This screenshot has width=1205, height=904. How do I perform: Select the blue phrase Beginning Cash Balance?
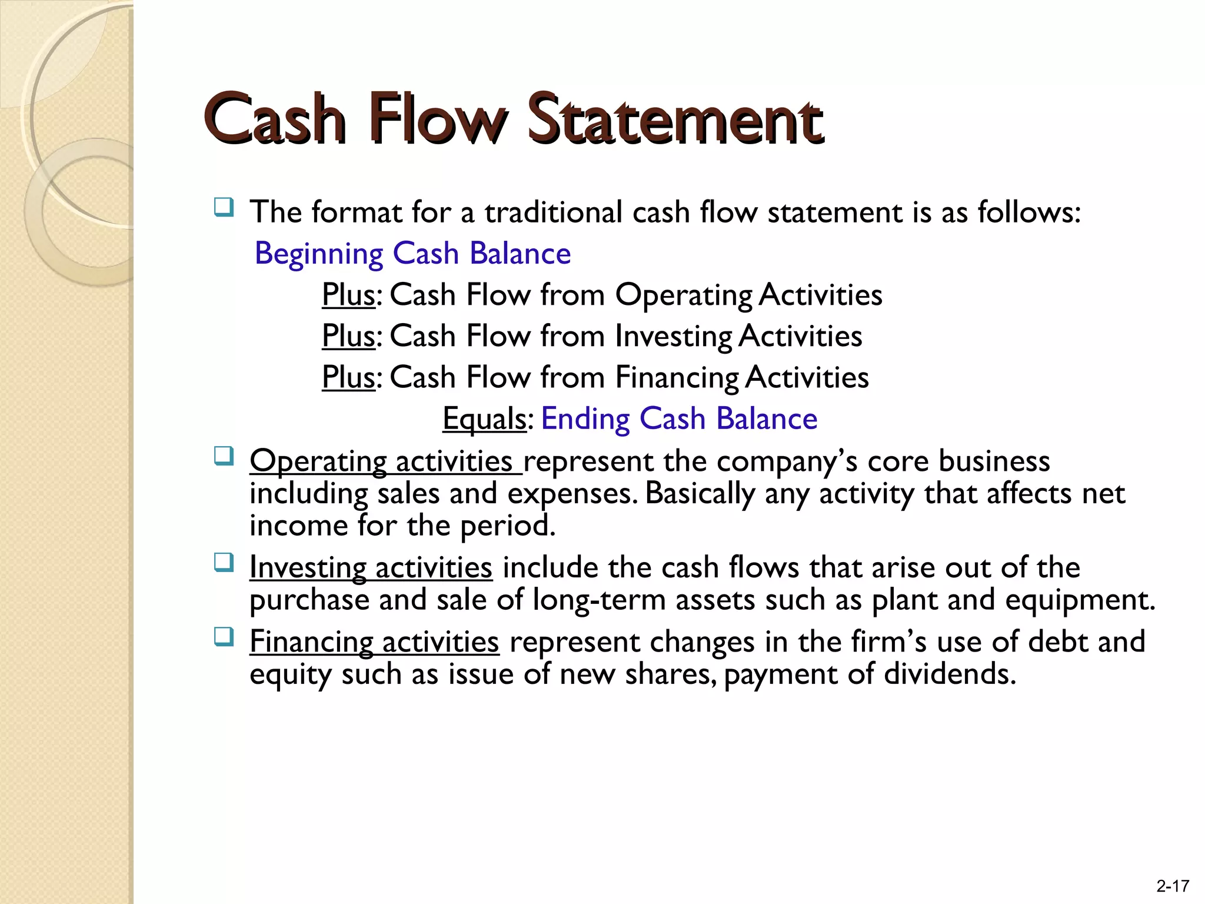click(x=412, y=254)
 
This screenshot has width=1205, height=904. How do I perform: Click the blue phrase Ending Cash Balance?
click(x=679, y=418)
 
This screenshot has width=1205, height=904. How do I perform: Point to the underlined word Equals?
click(x=484, y=418)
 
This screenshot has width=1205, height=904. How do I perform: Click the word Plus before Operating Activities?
click(x=348, y=294)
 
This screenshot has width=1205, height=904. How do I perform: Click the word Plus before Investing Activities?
click(x=348, y=335)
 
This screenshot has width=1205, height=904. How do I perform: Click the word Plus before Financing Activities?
click(x=348, y=377)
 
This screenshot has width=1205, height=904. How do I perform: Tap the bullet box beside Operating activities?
click(x=224, y=456)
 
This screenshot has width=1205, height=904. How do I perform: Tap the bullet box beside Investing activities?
click(x=224, y=563)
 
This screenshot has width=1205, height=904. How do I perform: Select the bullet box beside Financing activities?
click(x=224, y=637)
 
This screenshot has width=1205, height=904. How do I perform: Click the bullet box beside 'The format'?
click(x=224, y=207)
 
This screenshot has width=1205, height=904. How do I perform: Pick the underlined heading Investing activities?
click(x=371, y=567)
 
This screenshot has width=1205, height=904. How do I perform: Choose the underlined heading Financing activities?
click(x=374, y=642)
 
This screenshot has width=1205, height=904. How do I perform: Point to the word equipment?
click(x=1079, y=600)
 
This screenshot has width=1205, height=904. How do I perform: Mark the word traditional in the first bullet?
click(x=553, y=212)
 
